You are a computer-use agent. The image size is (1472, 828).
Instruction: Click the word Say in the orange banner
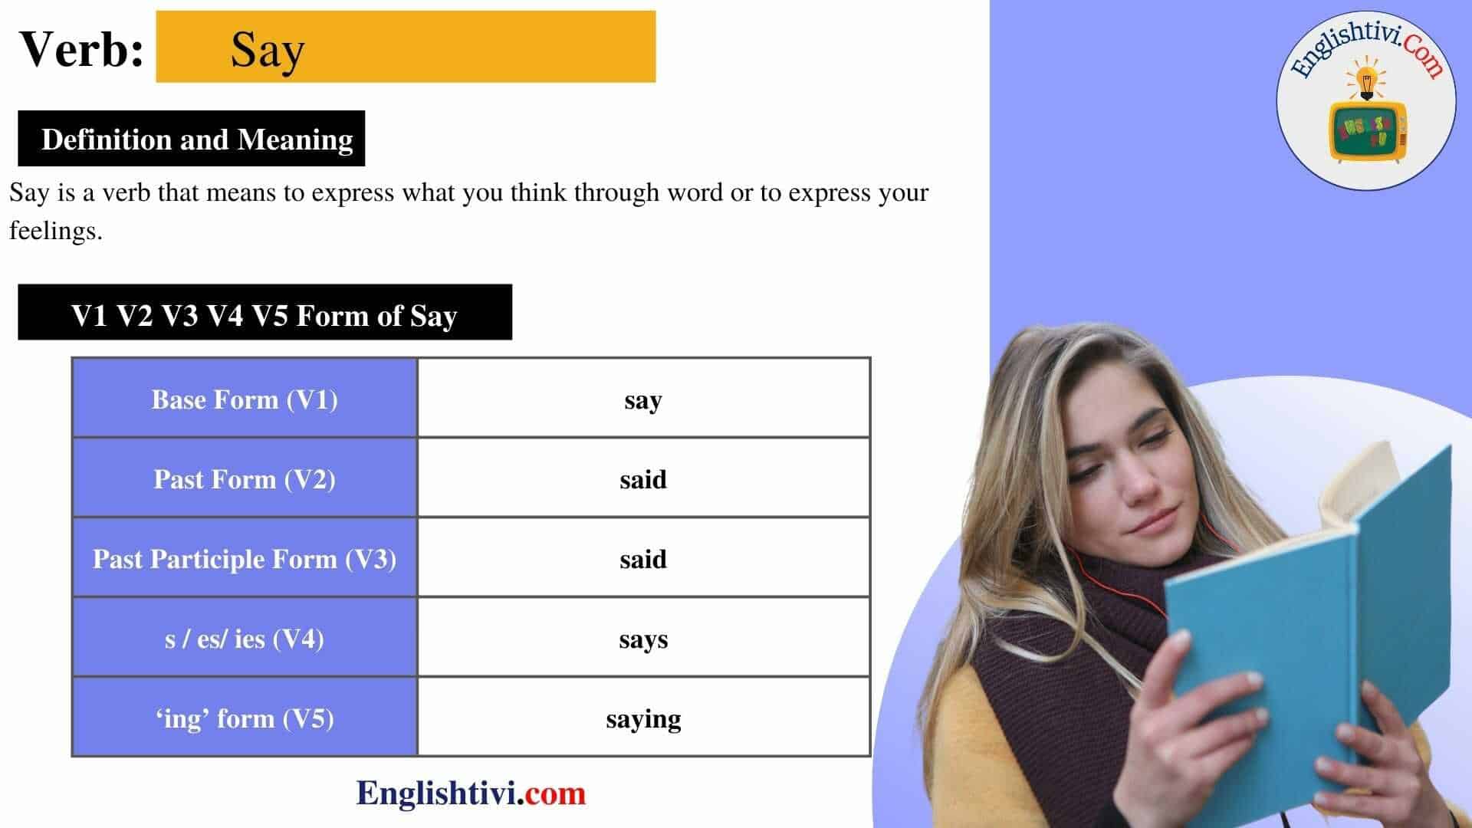[x=268, y=50]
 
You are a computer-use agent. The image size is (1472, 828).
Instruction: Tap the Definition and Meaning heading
[x=196, y=140]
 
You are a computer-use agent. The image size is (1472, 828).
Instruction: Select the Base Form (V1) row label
[x=245, y=399]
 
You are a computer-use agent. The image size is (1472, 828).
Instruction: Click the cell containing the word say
[x=642, y=400]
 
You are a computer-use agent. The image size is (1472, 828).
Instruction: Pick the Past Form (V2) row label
[x=245, y=479]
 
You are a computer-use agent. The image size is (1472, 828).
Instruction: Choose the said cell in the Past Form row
[x=642, y=480]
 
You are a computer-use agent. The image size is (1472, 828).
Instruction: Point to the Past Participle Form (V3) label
[x=245, y=559]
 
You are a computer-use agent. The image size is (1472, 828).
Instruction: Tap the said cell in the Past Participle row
[x=642, y=560]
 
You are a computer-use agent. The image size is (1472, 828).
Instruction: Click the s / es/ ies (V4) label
[x=245, y=639]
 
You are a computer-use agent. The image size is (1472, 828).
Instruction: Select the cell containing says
[x=642, y=639]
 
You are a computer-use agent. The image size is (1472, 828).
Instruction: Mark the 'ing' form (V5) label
[x=245, y=718]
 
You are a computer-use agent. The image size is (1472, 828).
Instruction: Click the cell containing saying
[x=642, y=719]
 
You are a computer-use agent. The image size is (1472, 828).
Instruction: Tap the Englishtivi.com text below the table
[x=471, y=793]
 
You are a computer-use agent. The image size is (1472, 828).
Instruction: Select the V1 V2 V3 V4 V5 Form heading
[x=264, y=314]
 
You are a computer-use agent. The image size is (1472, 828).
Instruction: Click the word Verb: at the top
[x=81, y=50]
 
